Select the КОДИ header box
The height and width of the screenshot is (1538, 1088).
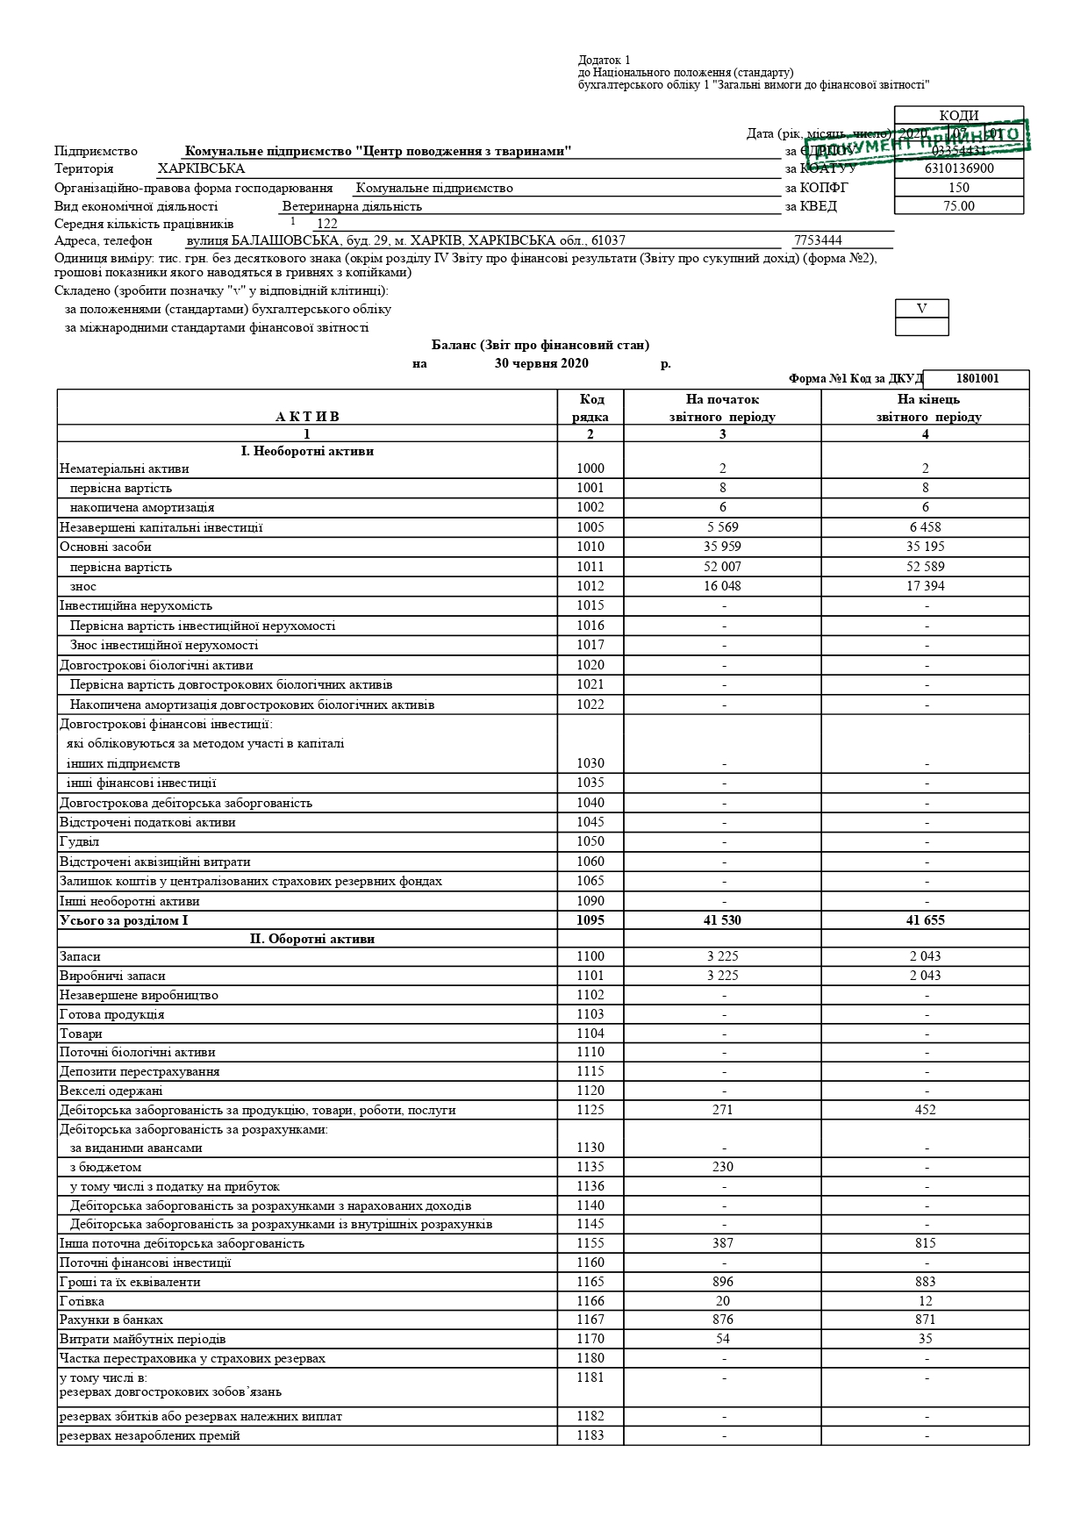(x=958, y=115)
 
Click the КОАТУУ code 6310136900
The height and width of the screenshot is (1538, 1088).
(x=959, y=168)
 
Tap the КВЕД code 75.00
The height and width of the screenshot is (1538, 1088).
(x=959, y=206)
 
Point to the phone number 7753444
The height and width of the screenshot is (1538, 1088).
(x=817, y=240)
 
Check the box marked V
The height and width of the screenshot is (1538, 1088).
(x=921, y=308)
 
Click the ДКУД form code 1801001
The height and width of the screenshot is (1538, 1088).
(x=976, y=379)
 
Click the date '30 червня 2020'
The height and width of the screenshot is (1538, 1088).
(x=541, y=364)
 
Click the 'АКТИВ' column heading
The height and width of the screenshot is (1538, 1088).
(x=306, y=417)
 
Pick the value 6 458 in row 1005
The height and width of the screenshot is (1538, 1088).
(x=925, y=527)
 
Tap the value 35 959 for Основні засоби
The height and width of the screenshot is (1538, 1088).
(x=722, y=547)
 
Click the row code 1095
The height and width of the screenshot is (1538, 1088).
(x=590, y=920)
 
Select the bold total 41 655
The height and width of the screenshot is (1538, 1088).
(x=925, y=920)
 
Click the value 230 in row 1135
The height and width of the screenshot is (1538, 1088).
(x=722, y=1167)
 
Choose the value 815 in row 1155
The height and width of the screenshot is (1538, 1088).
(x=925, y=1243)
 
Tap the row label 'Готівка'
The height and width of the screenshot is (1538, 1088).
(x=82, y=1301)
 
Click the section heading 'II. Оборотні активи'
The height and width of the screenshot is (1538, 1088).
(x=311, y=939)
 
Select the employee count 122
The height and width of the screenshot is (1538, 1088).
(x=326, y=224)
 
